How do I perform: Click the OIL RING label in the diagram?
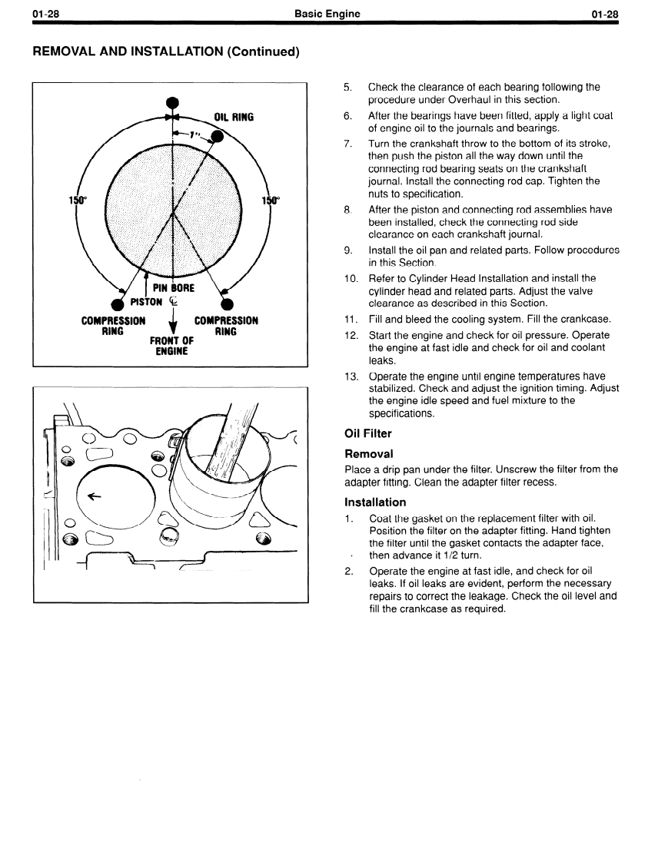pos(234,118)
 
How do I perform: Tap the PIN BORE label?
pos(173,287)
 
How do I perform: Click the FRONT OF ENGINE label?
pos(172,346)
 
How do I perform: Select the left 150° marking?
pos(78,201)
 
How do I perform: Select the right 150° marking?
pos(271,201)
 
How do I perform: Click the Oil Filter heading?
pos(368,434)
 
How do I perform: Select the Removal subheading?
pos(369,453)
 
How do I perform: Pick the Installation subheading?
pos(375,502)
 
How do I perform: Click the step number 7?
pos(347,144)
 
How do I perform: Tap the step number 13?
pos(350,376)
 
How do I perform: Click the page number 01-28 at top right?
pos(605,14)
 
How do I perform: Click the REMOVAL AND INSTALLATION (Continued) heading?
pos(165,51)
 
